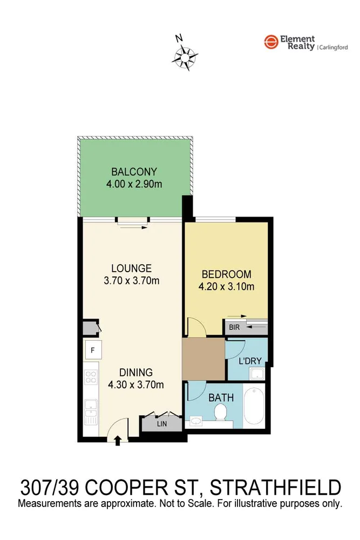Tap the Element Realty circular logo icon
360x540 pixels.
[x=270, y=43]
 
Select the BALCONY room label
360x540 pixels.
[x=134, y=172]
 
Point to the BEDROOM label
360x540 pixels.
[x=226, y=274]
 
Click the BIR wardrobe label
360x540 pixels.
[x=234, y=327]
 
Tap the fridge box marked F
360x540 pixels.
[x=92, y=350]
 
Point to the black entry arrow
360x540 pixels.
[x=118, y=440]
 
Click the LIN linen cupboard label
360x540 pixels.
[x=161, y=424]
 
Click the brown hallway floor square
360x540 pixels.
[x=203, y=359]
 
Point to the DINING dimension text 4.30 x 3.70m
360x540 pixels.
[x=136, y=384]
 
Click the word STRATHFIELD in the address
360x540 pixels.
[x=275, y=488]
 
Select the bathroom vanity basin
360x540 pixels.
[x=196, y=420]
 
